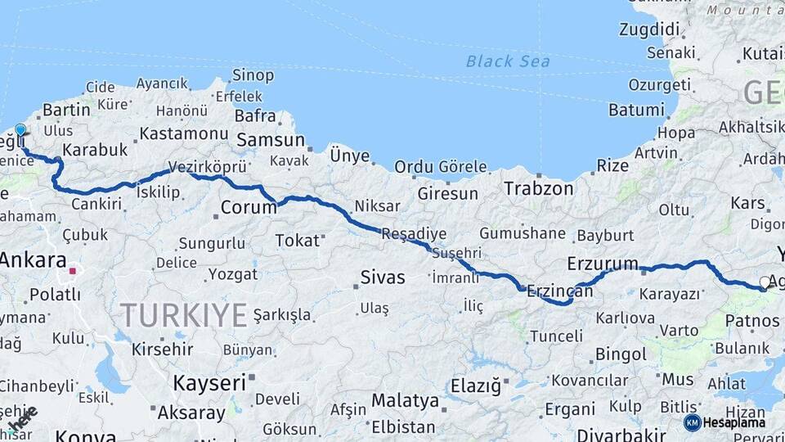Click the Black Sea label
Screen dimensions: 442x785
coord(508,61)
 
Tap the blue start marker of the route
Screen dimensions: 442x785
coord(20,130)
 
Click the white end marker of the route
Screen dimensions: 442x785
coord(765,282)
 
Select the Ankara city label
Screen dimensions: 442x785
coord(33,261)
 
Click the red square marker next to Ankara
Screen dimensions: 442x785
coord(73,269)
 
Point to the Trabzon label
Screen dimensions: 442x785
coord(538,188)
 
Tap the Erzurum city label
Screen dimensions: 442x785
coord(602,264)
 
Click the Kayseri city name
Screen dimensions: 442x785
coord(209,382)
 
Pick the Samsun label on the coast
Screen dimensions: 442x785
coord(270,141)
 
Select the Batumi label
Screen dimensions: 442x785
coord(636,110)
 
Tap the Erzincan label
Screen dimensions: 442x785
coord(559,291)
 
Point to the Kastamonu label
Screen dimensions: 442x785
coord(183,133)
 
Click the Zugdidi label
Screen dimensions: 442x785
coord(650,30)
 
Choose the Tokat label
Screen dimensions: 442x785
coord(297,240)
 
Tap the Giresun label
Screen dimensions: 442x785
coord(447,194)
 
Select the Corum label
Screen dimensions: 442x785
coord(249,208)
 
